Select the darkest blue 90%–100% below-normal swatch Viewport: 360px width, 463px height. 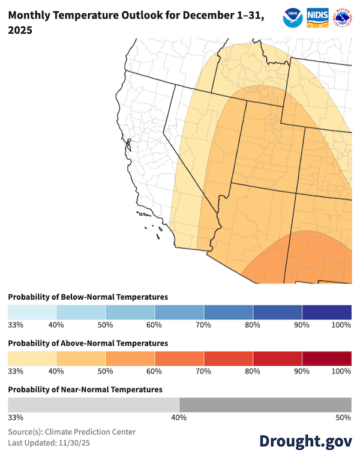[x=326, y=312]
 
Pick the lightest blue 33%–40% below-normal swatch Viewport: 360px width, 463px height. [x=32, y=312]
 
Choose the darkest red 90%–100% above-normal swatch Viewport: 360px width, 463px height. [x=326, y=359]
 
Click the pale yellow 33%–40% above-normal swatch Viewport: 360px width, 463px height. [x=32, y=359]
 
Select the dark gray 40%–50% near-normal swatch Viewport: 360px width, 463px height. [x=265, y=405]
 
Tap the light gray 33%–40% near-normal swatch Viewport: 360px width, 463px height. [x=93, y=405]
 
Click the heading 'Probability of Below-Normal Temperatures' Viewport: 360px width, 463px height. [x=88, y=297]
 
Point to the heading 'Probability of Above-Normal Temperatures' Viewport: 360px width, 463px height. [x=88, y=343]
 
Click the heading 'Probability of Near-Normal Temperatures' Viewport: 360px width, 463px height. [x=85, y=389]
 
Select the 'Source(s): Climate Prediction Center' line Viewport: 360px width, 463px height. [x=72, y=431]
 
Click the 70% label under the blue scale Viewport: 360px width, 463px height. [x=203, y=325]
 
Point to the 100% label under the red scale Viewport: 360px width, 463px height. [x=341, y=371]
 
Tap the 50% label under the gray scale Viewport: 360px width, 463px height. [x=344, y=417]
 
